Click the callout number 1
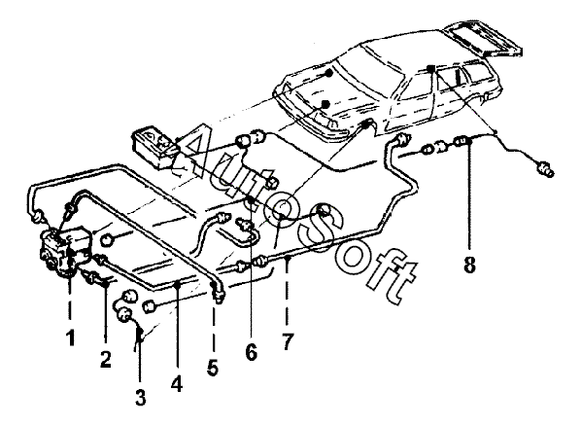[x=70, y=338]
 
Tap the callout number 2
[x=106, y=359]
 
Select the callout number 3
[x=141, y=397]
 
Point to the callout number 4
[x=177, y=384]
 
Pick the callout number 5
[x=213, y=368]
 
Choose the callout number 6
[x=251, y=352]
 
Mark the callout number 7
[x=288, y=341]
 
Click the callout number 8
[x=469, y=265]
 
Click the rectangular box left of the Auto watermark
[x=156, y=149]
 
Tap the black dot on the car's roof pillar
[x=430, y=68]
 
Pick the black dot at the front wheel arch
[x=365, y=125]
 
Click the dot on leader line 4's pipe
[x=178, y=285]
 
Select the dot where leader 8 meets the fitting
[x=469, y=141]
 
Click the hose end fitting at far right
[x=546, y=168]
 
